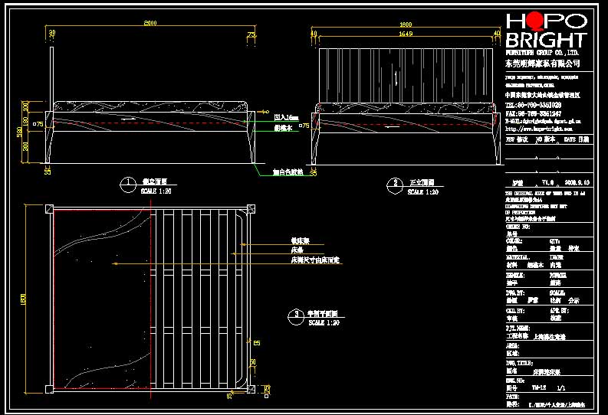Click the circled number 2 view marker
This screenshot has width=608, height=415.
click(x=394, y=184)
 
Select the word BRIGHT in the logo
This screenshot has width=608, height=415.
click(x=545, y=41)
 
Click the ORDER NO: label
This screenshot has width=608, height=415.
click(x=518, y=227)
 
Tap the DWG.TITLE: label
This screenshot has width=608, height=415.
click(x=520, y=363)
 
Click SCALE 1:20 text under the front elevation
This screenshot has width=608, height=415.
click(x=422, y=192)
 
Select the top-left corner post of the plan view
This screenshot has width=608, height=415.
click(x=49, y=209)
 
